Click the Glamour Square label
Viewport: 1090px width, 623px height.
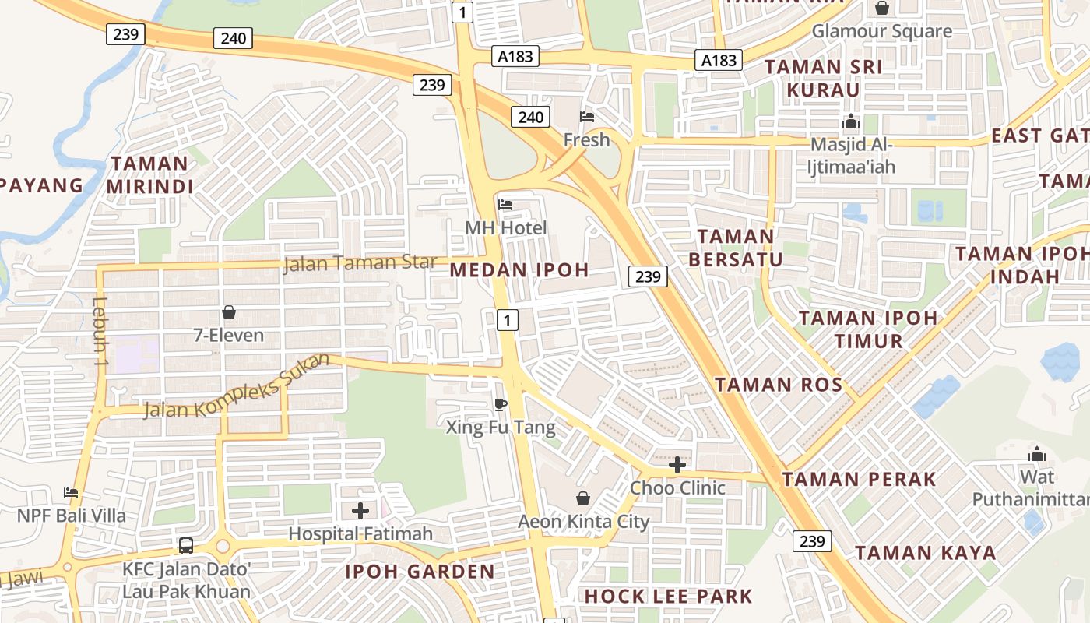point(881,31)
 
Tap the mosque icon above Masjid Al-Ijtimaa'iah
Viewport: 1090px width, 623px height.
point(851,122)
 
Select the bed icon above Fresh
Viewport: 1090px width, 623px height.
point(587,117)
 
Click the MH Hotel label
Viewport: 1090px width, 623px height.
point(506,228)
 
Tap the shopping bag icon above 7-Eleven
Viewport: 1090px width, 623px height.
point(229,312)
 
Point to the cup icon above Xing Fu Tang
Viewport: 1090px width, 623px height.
point(501,403)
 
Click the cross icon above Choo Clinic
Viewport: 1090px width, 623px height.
point(677,465)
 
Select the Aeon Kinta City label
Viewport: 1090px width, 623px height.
point(584,522)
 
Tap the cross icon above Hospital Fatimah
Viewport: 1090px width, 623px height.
point(360,511)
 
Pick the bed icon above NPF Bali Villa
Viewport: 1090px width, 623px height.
point(71,492)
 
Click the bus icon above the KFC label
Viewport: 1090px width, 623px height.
point(186,545)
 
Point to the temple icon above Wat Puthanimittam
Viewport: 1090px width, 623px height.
point(1036,454)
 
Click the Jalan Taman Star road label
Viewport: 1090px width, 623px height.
point(360,263)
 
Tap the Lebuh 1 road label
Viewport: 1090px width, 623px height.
point(99,332)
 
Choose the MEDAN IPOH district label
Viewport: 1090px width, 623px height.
point(520,270)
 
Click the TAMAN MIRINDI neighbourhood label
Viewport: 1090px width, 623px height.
point(149,175)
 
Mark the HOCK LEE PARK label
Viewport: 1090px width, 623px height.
point(668,597)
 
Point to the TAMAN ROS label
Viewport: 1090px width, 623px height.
point(779,385)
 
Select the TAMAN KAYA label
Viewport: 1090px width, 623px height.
point(926,554)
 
